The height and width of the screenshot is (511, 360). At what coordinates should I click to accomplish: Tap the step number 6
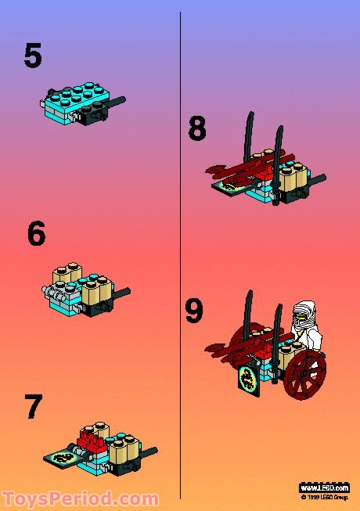(x=37, y=234)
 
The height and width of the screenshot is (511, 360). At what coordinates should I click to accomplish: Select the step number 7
(x=34, y=408)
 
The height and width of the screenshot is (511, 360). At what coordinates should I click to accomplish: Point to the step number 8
(x=197, y=128)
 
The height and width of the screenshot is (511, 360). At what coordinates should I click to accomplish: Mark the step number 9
(x=194, y=310)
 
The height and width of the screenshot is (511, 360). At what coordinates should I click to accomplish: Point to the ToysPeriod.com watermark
(x=80, y=498)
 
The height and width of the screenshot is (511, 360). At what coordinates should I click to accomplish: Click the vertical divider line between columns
(x=181, y=235)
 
